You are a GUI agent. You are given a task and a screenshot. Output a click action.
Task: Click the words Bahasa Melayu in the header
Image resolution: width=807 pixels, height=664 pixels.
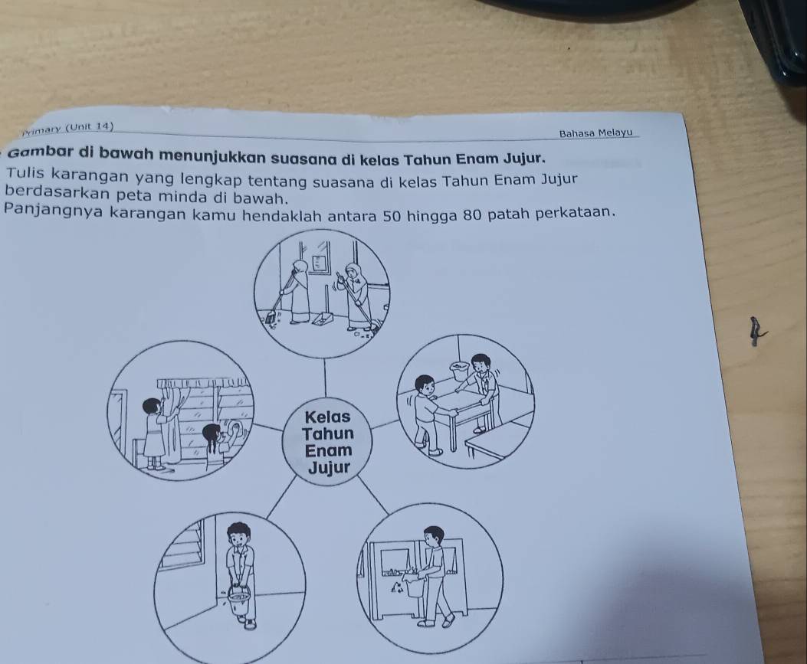(595, 133)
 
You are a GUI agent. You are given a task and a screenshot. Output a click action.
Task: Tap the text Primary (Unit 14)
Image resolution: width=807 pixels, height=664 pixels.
(68, 128)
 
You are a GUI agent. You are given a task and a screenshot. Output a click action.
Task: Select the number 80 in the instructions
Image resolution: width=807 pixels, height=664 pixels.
(467, 212)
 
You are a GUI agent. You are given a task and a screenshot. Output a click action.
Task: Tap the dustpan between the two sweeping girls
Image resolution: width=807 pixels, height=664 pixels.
(322, 316)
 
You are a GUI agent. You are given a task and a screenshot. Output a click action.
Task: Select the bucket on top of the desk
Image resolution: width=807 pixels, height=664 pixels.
(460, 370)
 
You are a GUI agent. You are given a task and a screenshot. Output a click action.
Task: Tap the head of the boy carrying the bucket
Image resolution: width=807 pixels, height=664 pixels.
(238, 535)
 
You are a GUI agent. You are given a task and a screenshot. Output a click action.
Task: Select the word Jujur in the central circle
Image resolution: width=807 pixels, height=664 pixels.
(328, 469)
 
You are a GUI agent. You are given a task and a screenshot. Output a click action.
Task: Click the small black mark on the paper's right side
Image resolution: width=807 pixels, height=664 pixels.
(755, 332)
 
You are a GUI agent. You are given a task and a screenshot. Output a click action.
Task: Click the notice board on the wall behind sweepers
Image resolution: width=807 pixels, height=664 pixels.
(320, 263)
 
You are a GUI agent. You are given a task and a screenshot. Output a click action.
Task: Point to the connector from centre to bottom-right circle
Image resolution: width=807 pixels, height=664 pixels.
(373, 494)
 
